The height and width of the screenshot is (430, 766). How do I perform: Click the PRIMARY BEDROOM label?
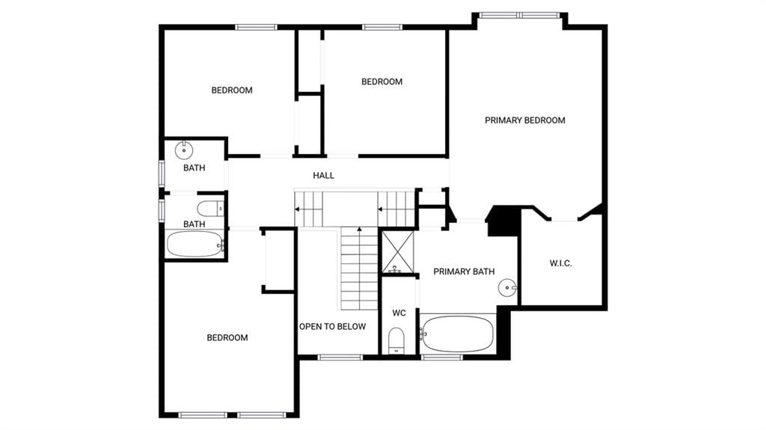[524, 120]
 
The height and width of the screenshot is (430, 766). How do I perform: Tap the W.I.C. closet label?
[560, 263]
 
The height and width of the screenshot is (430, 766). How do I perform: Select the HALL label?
[323, 176]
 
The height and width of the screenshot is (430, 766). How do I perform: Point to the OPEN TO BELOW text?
[332, 326]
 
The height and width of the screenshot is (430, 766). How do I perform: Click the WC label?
[399, 313]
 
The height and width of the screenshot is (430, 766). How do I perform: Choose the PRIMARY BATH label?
[464, 271]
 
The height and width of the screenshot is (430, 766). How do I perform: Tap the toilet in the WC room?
[396, 340]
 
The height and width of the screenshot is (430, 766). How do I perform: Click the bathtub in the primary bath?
[457, 334]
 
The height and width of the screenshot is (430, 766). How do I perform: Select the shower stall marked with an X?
[398, 252]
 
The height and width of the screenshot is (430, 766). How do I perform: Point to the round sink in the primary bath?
[507, 287]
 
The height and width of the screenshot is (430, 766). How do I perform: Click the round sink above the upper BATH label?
[184, 150]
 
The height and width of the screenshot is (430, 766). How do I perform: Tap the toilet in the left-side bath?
[210, 209]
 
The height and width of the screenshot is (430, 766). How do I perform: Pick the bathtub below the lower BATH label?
[195, 244]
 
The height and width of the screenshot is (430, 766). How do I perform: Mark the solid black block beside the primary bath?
[503, 221]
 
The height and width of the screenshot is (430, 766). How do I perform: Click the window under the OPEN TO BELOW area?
[340, 357]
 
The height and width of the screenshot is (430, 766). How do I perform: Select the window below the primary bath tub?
[441, 357]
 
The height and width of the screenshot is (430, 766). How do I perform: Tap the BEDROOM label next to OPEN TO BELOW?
[227, 338]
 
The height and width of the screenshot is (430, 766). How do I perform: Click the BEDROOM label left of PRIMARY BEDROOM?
[382, 82]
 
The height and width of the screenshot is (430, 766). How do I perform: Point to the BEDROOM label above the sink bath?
[232, 90]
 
